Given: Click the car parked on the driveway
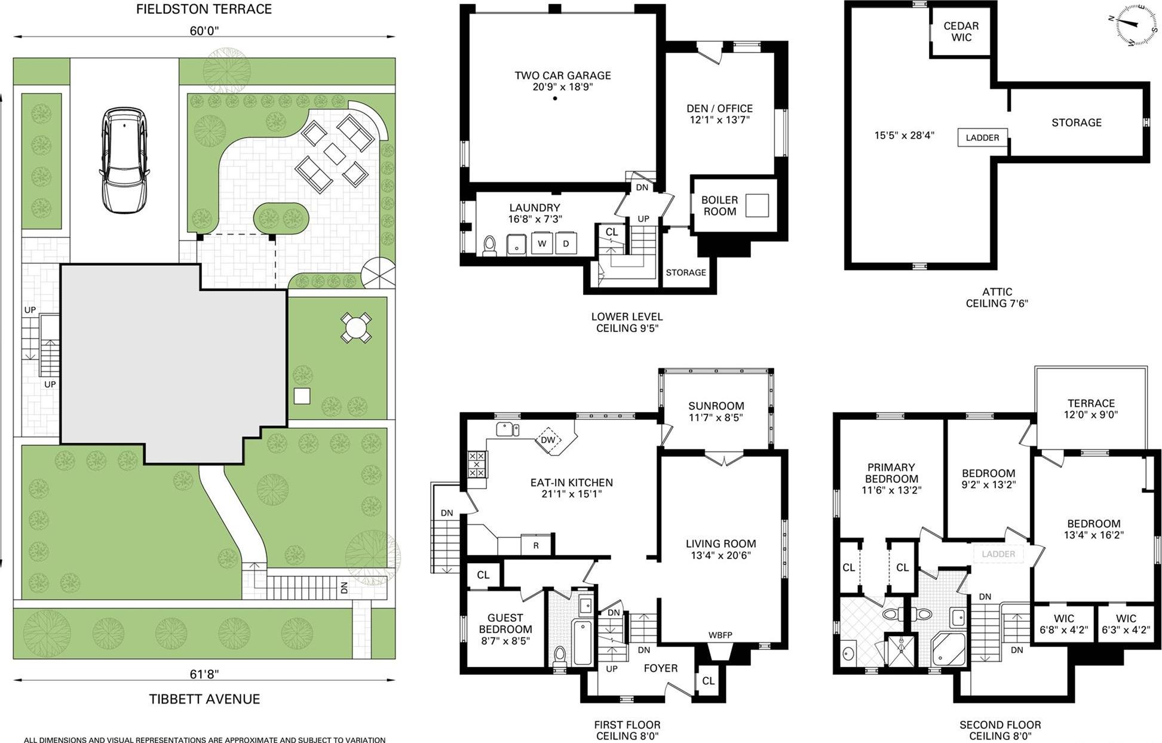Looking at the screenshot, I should coord(124,159).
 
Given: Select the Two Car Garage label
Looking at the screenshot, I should coord(563,76).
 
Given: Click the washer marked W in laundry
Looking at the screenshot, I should coord(542,244).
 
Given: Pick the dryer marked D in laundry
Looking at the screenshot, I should coord(566,244).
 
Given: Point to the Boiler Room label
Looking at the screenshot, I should coord(719,205).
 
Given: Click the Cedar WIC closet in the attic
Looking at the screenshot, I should coord(961,32).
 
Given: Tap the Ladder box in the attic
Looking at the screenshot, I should coord(982,137).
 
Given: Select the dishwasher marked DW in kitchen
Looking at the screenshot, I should coord(548,440).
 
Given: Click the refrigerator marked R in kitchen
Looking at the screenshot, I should coord(536,545).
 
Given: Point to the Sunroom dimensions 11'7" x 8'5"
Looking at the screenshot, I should coord(716,417).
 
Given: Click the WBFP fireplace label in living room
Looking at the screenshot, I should coord(720,635).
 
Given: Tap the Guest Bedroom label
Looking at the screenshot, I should coord(505,624).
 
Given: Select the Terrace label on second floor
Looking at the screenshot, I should coord(1091,403).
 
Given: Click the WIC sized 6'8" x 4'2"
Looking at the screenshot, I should coord(1064,624).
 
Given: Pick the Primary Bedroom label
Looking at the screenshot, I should coord(891,473).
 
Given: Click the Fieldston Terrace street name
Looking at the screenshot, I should coord(204,9).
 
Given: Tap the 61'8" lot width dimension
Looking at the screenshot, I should coord(204,674).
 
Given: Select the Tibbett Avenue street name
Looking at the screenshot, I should coord(204,699).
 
